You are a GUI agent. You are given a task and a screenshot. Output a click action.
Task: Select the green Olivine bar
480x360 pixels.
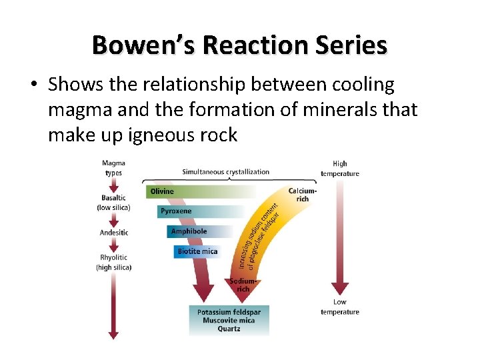200,191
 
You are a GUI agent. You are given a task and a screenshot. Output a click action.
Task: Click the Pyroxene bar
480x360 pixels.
200,211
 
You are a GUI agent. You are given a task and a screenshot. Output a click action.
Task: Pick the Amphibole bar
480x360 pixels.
200,231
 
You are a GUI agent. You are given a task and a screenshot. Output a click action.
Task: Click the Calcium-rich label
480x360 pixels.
302,195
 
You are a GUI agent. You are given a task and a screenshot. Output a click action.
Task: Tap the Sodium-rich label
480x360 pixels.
243,285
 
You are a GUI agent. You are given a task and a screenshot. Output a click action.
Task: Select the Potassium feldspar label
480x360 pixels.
229,312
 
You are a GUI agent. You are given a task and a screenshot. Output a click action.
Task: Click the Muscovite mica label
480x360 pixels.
229,320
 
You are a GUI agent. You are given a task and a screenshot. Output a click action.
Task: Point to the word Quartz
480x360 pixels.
229,329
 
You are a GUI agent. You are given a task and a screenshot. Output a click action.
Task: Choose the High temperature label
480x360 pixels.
340,169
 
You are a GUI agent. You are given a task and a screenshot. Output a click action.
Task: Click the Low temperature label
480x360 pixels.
340,307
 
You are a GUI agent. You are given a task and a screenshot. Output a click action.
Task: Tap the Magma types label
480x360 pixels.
113,168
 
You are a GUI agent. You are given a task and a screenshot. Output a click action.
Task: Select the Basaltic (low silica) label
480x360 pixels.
113,203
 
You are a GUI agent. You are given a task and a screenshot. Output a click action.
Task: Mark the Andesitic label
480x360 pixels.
113,233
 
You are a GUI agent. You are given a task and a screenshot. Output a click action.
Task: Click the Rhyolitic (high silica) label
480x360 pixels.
113,262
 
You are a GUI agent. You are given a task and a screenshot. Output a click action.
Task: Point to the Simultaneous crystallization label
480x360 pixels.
226,172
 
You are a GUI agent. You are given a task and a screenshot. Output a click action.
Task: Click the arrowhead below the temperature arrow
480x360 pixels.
340,289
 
